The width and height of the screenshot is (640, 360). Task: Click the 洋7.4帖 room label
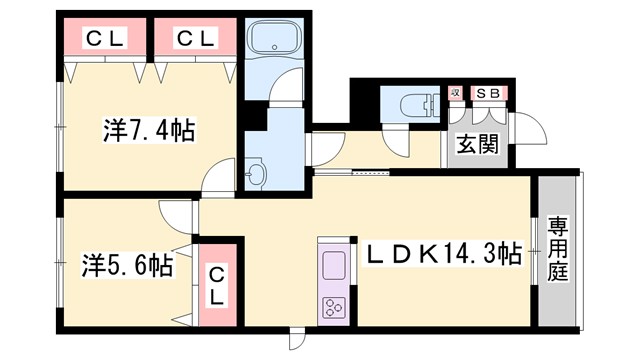coord(149,131)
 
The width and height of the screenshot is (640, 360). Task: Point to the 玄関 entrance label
coord(478,143)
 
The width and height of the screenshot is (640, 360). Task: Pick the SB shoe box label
coord(488,94)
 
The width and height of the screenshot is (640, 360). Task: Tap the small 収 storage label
coord(455,94)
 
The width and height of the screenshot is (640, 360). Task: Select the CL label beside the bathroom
coord(196,39)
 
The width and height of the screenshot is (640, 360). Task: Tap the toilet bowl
coord(411,103)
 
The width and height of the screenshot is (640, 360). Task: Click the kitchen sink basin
coord(332,266)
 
